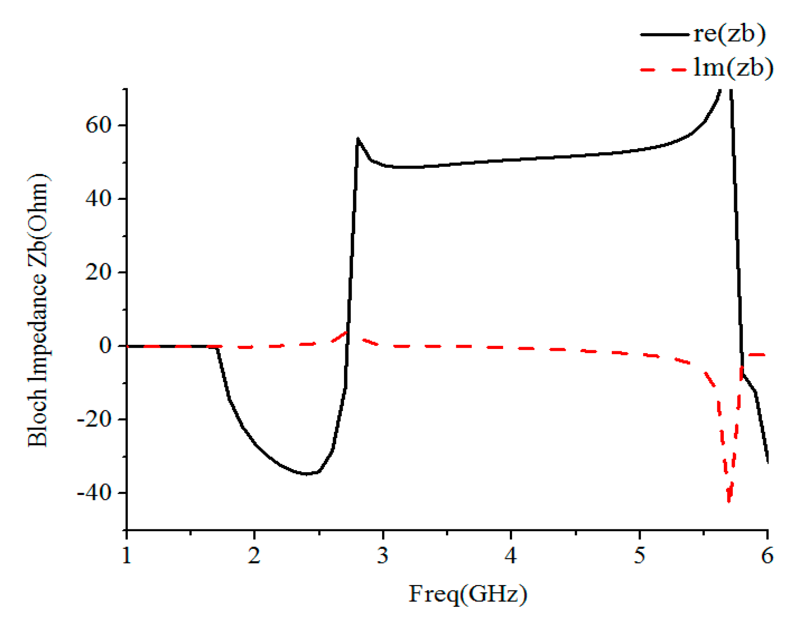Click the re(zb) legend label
730,34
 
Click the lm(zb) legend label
733,68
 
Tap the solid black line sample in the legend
664,34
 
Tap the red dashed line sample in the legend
664,70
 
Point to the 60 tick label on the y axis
98,126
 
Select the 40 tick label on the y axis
98,199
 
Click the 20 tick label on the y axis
98,273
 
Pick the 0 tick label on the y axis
105,346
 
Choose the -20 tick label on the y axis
94,420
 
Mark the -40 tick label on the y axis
94,493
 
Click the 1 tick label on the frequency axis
127,556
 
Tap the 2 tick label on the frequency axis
254,556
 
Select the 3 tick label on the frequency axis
383,556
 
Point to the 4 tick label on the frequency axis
511,556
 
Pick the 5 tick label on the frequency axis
639,556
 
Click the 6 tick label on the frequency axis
767,556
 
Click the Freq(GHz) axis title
468,594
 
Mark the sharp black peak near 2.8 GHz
358,139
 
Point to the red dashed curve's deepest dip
729,500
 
